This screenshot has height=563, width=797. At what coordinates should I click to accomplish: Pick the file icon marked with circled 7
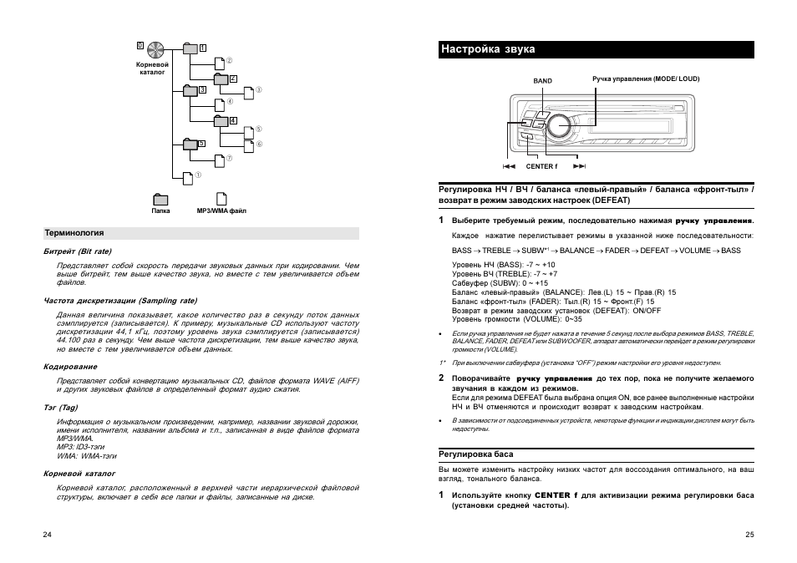coord(220,160)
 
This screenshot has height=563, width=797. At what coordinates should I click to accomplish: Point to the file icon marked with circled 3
coord(248,90)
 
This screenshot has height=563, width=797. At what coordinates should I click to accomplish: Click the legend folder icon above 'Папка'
coord(160,199)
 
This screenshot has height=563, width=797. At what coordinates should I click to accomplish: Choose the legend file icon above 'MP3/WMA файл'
coord(221,199)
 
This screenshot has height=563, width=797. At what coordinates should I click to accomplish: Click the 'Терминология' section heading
coord(74,233)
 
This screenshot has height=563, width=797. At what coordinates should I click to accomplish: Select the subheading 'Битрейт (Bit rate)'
coord(78,251)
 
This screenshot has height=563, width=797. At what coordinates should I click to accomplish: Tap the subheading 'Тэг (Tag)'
coord(61,408)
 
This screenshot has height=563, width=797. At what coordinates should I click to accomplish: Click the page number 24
coord(47,535)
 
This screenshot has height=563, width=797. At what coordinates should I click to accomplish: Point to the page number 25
coord(749,535)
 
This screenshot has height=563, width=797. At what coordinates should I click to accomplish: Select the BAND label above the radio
coord(543,81)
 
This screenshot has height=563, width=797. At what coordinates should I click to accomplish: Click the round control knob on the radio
coord(561,125)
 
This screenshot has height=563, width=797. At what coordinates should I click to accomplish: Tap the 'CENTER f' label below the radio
coord(541,166)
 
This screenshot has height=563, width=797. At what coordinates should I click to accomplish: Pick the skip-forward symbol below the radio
coord(580,166)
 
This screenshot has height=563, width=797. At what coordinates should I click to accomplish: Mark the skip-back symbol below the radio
coord(509,166)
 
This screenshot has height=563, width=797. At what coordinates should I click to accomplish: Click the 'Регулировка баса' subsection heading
coord(476,454)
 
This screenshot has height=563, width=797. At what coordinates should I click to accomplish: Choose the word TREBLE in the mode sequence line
coord(496,251)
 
